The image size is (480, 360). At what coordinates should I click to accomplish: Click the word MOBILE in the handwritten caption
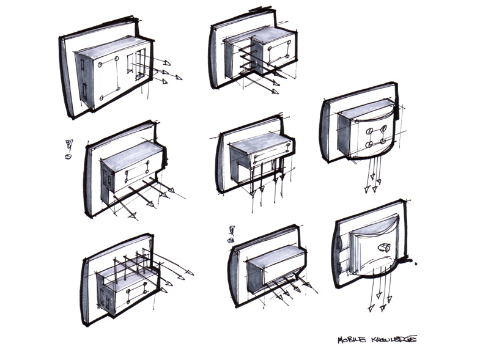[x=353, y=340]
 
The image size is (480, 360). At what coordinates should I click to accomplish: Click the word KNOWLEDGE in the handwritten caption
[x=394, y=339]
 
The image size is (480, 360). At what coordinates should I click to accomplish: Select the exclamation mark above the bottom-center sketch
[x=232, y=230]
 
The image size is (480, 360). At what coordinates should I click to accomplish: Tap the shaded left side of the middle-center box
[x=238, y=164]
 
